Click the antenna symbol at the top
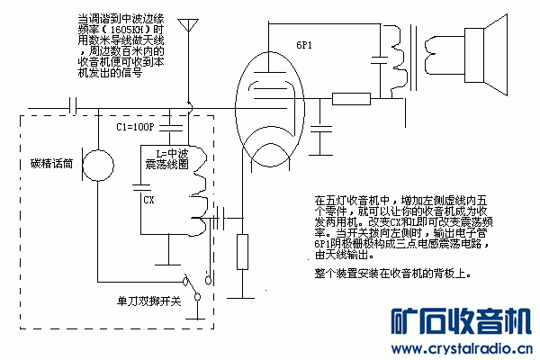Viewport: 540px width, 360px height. pos(188,27)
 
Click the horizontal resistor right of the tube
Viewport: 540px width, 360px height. pos(350,99)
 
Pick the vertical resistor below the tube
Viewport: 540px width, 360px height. pos(241,251)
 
